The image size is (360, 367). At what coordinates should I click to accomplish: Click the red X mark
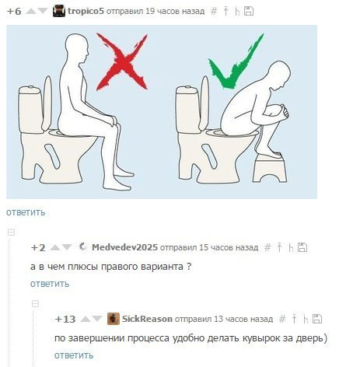tap(122, 61)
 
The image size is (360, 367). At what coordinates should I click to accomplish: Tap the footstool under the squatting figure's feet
tap(270, 169)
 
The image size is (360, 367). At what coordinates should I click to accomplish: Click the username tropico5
tap(86, 11)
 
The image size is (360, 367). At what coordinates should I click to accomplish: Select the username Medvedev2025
tap(124, 247)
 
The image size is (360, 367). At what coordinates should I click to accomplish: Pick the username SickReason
tap(147, 319)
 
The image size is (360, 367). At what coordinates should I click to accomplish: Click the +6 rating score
tap(14, 12)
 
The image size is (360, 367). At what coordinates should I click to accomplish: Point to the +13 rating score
tap(65, 319)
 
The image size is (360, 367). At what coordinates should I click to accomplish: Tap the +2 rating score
tap(38, 248)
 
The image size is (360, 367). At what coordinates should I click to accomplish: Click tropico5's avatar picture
tap(59, 11)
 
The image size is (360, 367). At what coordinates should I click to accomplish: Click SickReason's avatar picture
tap(114, 319)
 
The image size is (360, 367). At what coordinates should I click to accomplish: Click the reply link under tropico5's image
tap(26, 212)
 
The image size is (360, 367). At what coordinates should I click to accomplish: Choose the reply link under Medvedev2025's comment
tap(50, 284)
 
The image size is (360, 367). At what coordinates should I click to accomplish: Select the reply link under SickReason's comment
tap(74, 355)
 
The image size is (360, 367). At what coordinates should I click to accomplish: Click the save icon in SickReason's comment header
tap(317, 319)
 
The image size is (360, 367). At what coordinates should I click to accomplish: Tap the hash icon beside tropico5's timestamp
tap(214, 11)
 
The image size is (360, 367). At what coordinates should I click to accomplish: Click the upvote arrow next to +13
tap(85, 319)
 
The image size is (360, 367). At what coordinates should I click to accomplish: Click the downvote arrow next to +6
tap(43, 11)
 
